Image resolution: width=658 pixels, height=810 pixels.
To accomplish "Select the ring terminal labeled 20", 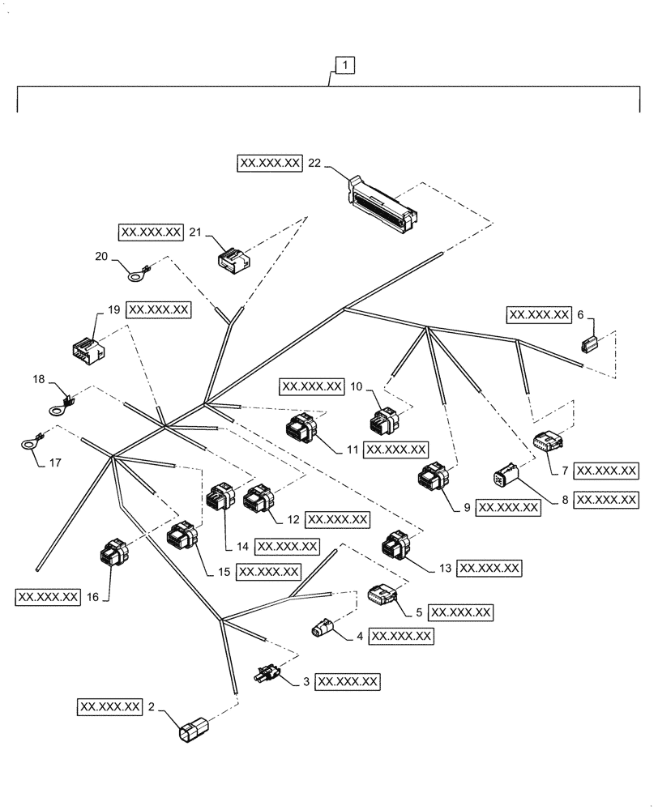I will (x=135, y=276).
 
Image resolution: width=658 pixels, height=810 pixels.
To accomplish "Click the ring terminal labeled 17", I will (x=32, y=442).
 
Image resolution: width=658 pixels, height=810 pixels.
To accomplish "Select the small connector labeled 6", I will (x=589, y=345).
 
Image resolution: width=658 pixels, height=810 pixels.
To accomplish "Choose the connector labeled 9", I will (x=431, y=478).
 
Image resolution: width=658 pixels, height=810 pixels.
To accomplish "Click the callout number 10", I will (x=357, y=387).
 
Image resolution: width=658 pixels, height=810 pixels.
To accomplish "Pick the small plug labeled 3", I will (x=268, y=673).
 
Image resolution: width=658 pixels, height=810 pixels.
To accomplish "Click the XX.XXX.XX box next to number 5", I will (x=460, y=612).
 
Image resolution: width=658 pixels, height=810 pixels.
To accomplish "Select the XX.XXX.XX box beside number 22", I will (x=270, y=163).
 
